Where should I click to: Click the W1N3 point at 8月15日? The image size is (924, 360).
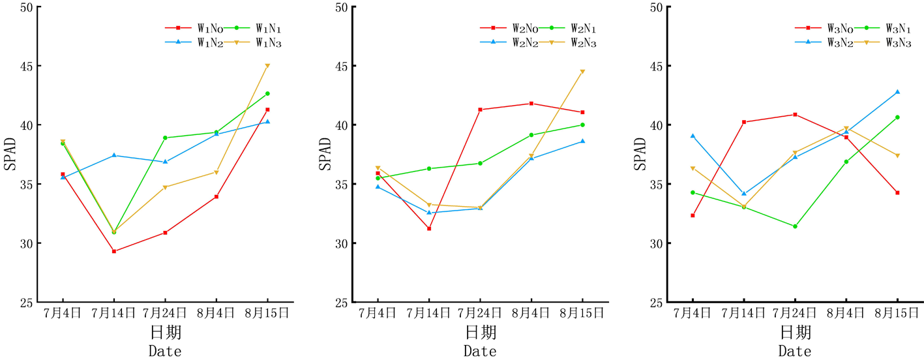click(x=267, y=66)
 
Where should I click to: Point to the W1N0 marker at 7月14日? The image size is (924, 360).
click(x=113, y=251)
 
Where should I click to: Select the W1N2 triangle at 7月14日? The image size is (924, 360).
click(x=113, y=155)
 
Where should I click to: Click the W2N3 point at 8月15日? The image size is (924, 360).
click(x=582, y=72)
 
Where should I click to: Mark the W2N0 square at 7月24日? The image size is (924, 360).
click(x=481, y=110)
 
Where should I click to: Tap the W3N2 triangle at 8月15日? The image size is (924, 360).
click(x=897, y=92)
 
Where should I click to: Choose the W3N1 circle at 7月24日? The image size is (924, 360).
click(x=795, y=226)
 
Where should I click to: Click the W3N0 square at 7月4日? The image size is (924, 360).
click(x=693, y=215)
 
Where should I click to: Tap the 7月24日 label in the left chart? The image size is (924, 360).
click(x=165, y=313)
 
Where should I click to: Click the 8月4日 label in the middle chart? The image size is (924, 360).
click(x=531, y=313)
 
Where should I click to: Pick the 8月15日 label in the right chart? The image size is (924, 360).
click(x=897, y=313)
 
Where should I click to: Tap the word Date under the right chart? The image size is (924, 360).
click(x=795, y=351)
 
